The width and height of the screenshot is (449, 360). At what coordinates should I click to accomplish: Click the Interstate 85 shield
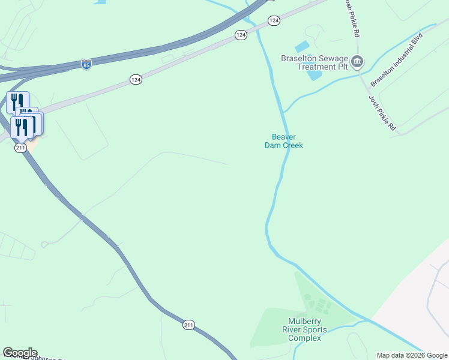[x=86, y=64]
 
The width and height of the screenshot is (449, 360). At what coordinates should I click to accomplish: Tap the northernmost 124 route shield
[x=274, y=20]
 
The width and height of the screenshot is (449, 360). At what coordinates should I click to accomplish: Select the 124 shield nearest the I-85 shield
[x=136, y=79]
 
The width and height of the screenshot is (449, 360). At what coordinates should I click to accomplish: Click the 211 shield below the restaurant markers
[x=21, y=148]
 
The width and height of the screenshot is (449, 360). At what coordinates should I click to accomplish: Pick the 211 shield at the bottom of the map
[x=188, y=325]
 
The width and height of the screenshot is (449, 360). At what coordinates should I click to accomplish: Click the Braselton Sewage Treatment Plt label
[x=315, y=62]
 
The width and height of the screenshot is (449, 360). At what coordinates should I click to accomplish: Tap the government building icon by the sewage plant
[x=358, y=61]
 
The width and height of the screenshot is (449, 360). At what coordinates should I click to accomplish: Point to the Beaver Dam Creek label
[x=284, y=141]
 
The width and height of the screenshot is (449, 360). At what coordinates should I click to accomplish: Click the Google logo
[x=20, y=353]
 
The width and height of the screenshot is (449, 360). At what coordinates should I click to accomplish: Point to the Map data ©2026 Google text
[x=412, y=355]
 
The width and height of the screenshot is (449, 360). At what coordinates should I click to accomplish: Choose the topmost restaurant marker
[x=17, y=101]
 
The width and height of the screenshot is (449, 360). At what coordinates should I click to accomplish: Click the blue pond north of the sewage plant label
[x=303, y=46]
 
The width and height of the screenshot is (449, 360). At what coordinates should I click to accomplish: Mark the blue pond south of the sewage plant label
[x=314, y=76]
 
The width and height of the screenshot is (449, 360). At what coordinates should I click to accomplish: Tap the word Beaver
[x=284, y=137]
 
